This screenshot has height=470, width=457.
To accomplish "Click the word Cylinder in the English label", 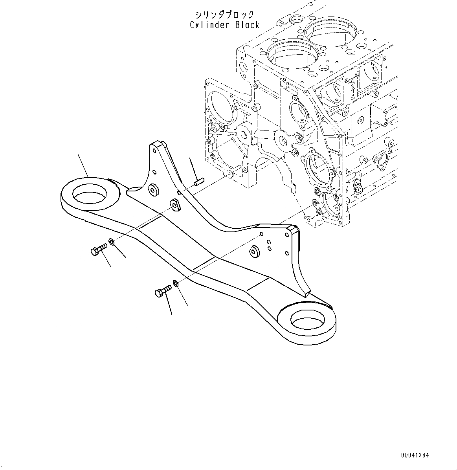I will [210, 25].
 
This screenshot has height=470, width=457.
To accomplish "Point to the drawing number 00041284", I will [415, 455].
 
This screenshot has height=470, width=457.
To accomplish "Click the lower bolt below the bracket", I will [163, 292].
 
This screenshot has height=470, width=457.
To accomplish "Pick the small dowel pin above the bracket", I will [198, 182].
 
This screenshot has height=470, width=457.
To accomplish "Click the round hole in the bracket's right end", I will [308, 319].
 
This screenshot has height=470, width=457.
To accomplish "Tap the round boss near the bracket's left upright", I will [152, 189].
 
